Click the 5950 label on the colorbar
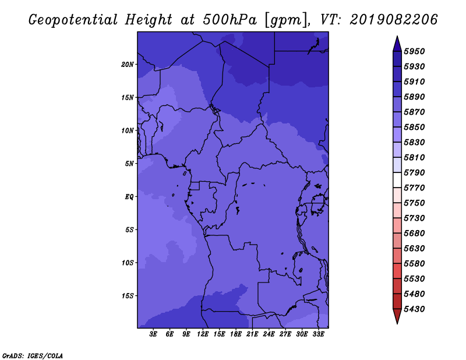click(x=414, y=51)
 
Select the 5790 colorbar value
click(x=414, y=172)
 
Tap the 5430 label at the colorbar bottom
click(x=414, y=309)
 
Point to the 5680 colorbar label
click(x=414, y=234)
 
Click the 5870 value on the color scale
click(x=414, y=112)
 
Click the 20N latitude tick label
click(x=128, y=65)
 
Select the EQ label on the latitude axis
click(x=129, y=197)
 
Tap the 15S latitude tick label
click(x=128, y=296)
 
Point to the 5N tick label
click(x=129, y=164)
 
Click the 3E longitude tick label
click(x=153, y=334)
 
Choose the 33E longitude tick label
click(x=318, y=334)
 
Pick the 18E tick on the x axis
click(x=236, y=334)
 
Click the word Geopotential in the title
click(x=73, y=20)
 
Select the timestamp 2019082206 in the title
click(x=394, y=20)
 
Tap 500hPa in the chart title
click(x=230, y=20)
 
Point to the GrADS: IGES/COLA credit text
click(x=33, y=356)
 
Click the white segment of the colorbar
click(x=397, y=180)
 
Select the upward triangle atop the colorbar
click(x=397, y=44)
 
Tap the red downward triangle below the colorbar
click(x=397, y=316)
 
